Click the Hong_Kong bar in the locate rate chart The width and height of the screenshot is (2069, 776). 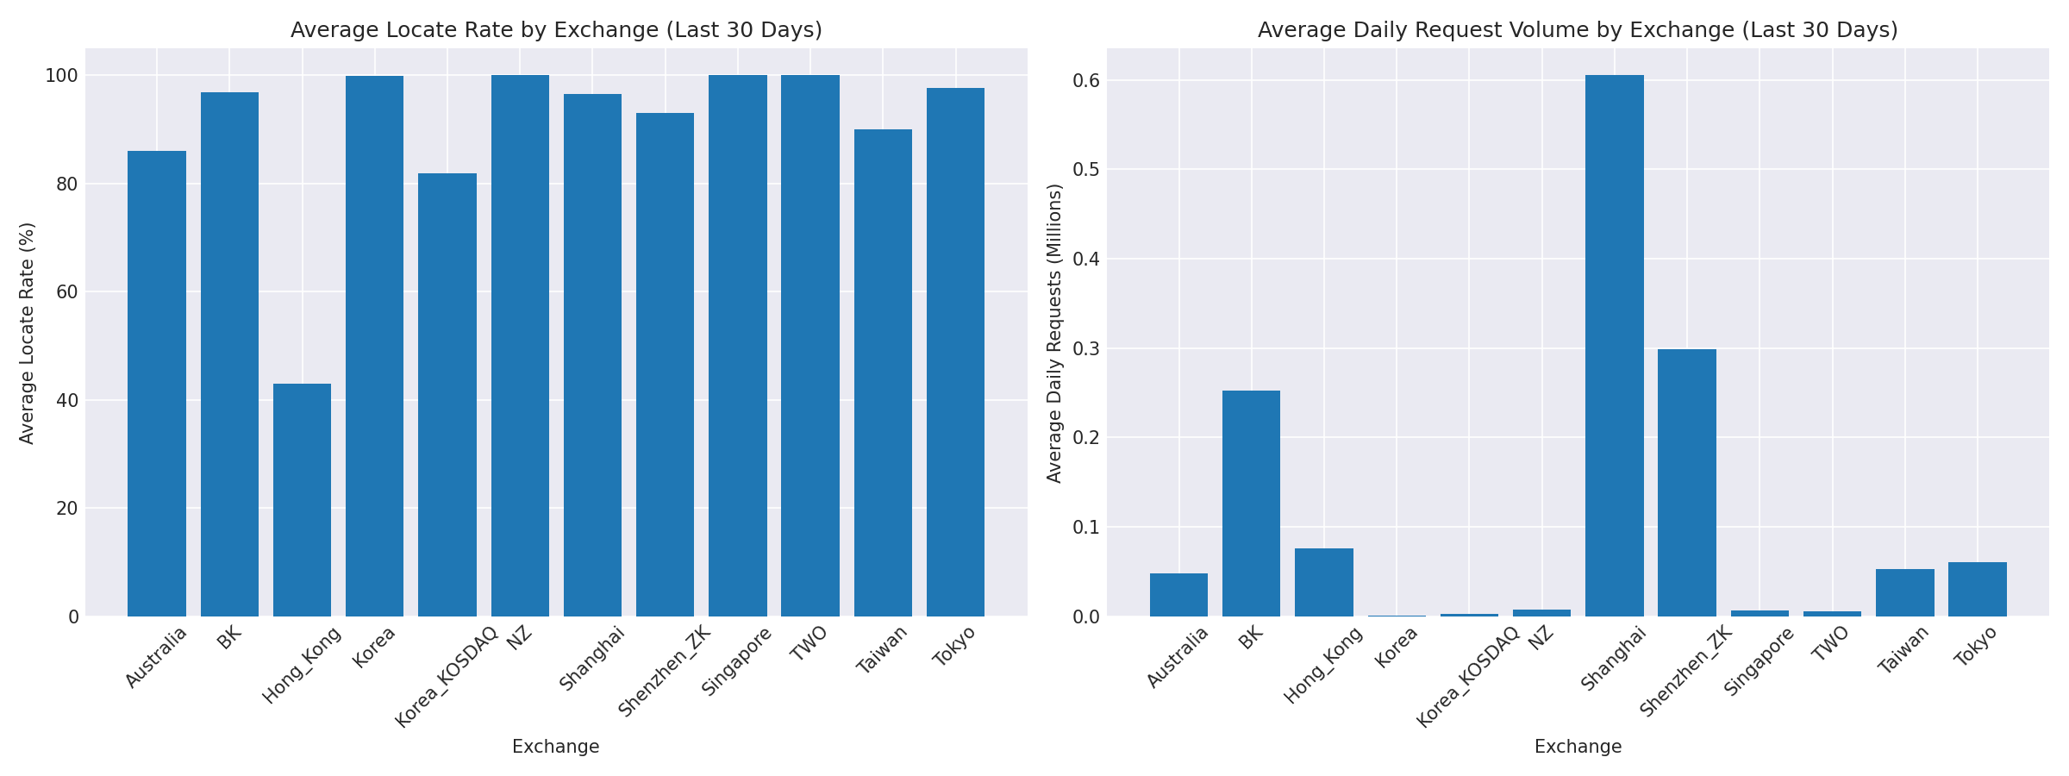[x=302, y=500]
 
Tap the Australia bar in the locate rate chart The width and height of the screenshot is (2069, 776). [x=156, y=384]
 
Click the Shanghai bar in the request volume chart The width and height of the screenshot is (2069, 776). [x=1614, y=345]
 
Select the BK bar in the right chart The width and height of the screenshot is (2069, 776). [x=1251, y=504]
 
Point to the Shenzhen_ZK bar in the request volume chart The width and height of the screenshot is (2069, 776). [x=1686, y=483]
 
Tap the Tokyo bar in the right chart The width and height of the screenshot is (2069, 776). [x=1977, y=590]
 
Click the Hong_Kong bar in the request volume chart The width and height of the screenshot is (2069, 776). [x=1323, y=583]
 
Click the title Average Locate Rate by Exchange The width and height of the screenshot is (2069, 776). [x=556, y=30]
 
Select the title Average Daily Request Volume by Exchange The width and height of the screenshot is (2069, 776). [x=1578, y=30]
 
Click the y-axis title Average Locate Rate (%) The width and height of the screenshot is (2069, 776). [x=27, y=333]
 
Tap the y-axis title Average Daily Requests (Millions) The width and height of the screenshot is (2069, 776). [x=1054, y=333]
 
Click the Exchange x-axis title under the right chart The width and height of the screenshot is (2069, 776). [x=1578, y=747]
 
